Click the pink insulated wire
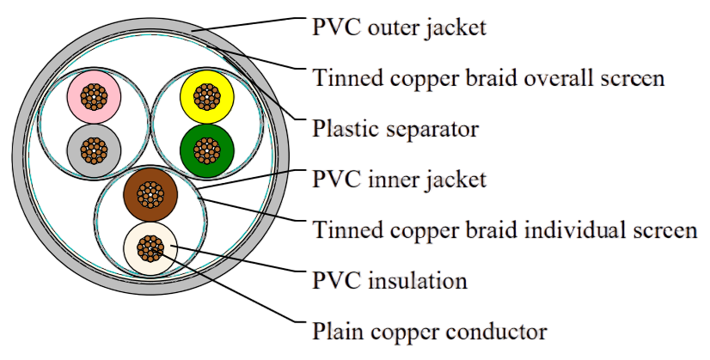[x=94, y=96]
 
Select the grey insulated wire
[x=94, y=150]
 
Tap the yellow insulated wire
[x=207, y=96]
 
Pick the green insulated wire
[x=207, y=150]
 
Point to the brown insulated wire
[x=150, y=195]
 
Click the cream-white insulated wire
[x=150, y=248]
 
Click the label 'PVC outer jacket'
[x=399, y=27]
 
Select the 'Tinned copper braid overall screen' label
[x=488, y=77]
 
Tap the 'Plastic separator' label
[x=395, y=129]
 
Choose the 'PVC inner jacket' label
[x=399, y=180]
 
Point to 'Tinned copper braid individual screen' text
[x=505, y=229]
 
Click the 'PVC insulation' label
[x=389, y=280]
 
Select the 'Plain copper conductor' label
[x=429, y=332]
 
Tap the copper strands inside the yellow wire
[x=207, y=96]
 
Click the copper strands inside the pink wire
[x=94, y=96]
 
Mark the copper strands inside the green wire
[x=207, y=150]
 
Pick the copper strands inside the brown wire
[x=150, y=195]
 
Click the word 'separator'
[x=432, y=130]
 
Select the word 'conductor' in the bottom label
[x=496, y=332]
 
